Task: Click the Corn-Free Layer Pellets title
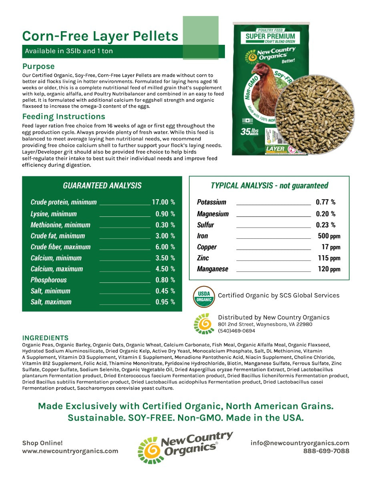click(x=100, y=36)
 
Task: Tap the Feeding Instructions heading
click(x=64, y=116)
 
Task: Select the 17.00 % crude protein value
click(x=163, y=202)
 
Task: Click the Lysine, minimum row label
click(x=54, y=214)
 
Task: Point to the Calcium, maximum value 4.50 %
click(x=165, y=269)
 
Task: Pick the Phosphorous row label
click(x=48, y=280)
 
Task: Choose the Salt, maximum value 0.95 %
click(x=165, y=302)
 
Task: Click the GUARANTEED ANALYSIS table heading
click(x=102, y=186)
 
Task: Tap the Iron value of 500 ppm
click(x=329, y=236)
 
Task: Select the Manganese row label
click(x=213, y=269)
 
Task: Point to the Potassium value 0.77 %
click(x=325, y=202)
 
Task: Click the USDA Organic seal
click(x=204, y=296)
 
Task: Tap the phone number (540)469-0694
click(x=236, y=331)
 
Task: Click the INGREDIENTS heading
click(x=45, y=338)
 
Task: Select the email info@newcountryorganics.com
click(x=300, y=443)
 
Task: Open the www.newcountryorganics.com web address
click(x=70, y=451)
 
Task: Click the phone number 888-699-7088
click(x=326, y=451)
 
